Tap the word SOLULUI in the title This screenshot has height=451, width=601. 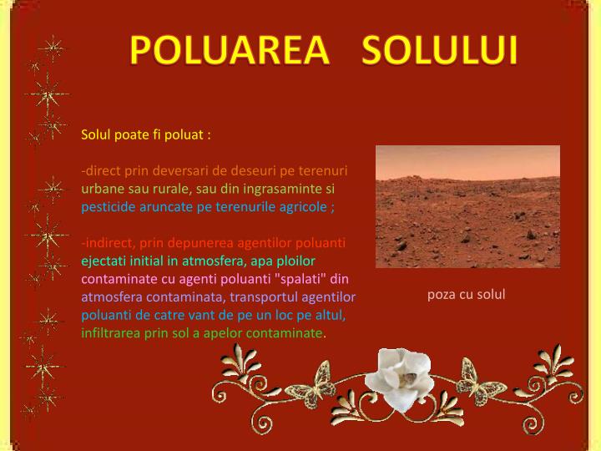point(441,51)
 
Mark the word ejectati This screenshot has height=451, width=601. point(102,261)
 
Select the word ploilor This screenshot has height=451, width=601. point(296,261)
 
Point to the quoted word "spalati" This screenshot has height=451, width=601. point(301,278)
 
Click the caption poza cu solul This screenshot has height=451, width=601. point(467,294)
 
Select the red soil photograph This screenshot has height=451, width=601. point(467,206)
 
